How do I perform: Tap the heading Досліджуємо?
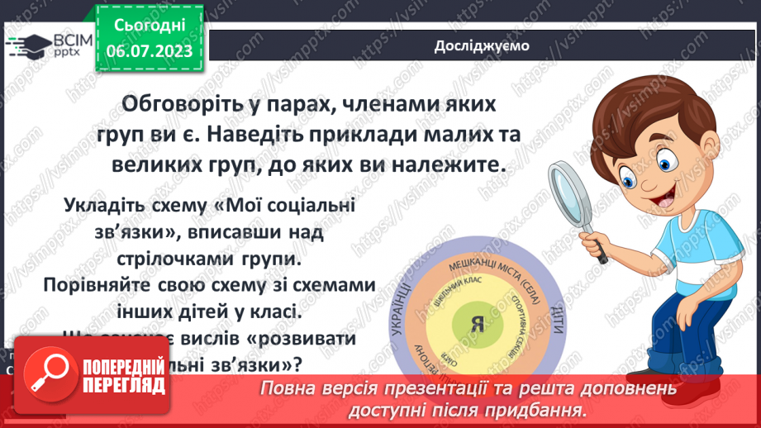[x=482, y=46]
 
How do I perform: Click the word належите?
[x=447, y=164]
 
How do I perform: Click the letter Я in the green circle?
[x=476, y=324]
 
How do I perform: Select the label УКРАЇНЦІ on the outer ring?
[x=393, y=315]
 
